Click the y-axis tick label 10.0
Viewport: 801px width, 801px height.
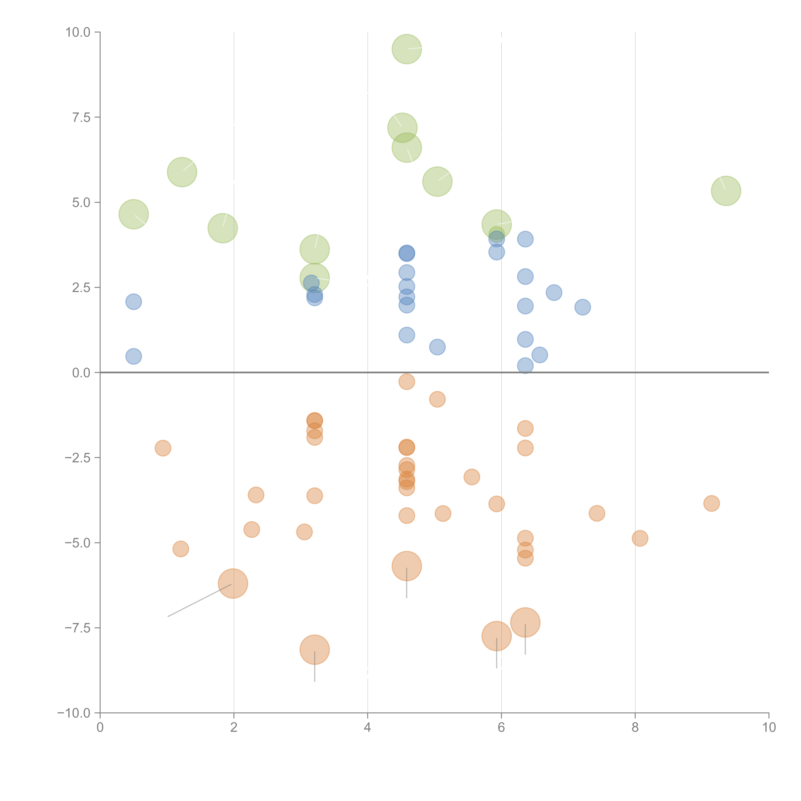click(x=78, y=32)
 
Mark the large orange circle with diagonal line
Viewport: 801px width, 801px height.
click(x=233, y=583)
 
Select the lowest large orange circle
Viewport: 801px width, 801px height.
click(x=315, y=650)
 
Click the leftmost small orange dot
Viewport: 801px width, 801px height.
click(x=163, y=448)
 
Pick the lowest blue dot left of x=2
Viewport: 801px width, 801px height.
click(x=133, y=356)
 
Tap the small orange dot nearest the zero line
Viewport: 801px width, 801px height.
click(x=407, y=381)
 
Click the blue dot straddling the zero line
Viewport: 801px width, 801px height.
click(x=525, y=366)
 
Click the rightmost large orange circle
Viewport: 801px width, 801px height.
click(x=525, y=622)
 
